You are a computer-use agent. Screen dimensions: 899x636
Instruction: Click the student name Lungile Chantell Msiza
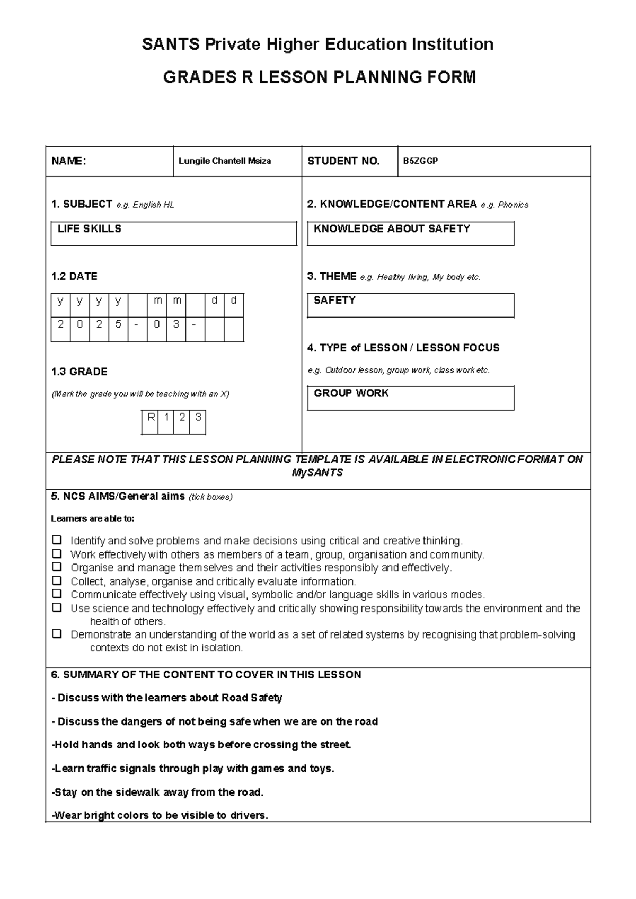tap(225, 161)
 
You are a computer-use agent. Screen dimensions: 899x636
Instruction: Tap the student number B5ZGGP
tap(420, 161)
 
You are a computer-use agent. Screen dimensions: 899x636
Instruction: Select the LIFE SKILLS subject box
tap(173, 234)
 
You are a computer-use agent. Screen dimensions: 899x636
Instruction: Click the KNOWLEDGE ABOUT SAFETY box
tap(410, 234)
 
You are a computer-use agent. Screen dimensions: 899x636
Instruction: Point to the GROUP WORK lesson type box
tap(410, 398)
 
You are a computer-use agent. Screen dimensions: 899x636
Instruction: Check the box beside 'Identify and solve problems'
tap(57, 541)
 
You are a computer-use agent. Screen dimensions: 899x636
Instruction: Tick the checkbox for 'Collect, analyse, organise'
tap(57, 581)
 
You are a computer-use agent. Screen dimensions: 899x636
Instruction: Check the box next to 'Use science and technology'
tap(57, 607)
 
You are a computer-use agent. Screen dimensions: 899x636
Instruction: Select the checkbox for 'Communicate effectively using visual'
tap(57, 594)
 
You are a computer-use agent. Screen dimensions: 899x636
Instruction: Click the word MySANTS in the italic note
tap(317, 473)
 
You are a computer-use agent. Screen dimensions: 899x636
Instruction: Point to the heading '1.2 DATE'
tap(74, 276)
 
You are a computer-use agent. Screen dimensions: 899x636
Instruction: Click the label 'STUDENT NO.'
tap(343, 161)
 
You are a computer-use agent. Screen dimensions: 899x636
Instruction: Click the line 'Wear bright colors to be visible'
tap(160, 816)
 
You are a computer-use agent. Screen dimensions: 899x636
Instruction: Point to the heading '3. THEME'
tap(332, 276)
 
